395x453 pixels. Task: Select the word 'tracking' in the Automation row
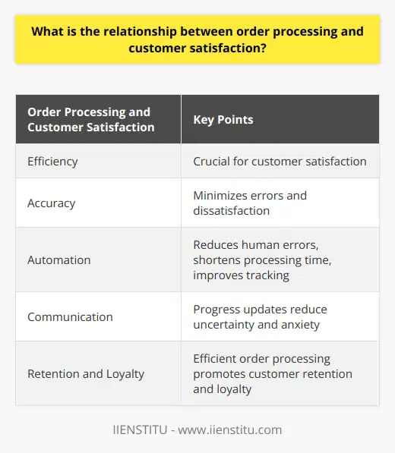269,274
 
